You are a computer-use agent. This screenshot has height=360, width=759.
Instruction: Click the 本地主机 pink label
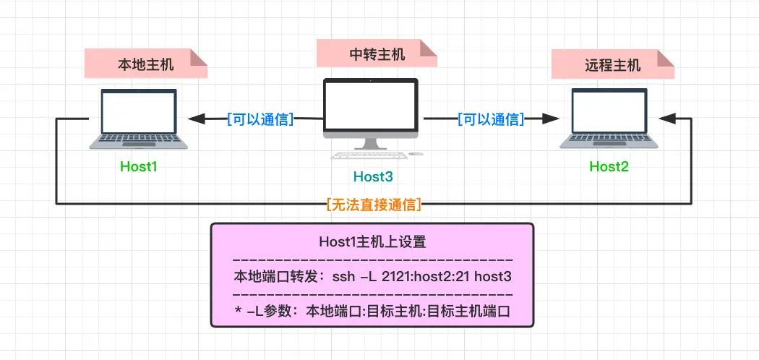point(145,64)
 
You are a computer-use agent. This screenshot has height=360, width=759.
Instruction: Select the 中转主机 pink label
point(377,54)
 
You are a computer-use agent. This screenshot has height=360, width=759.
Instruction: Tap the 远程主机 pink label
point(612,65)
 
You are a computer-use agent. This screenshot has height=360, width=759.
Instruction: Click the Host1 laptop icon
point(138,119)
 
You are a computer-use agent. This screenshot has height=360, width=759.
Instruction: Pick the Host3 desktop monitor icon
point(370,109)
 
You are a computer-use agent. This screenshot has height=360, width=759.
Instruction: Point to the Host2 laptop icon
point(609,119)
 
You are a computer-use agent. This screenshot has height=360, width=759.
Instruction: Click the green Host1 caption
point(138,167)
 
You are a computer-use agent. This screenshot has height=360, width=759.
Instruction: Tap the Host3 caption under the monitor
point(373,176)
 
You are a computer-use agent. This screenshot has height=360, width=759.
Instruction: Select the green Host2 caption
point(609,167)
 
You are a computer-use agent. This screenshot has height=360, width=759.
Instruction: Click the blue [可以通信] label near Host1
point(260,119)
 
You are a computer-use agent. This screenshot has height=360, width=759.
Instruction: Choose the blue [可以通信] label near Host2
point(491,119)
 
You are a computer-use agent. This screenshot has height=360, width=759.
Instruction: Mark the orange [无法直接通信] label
point(374,205)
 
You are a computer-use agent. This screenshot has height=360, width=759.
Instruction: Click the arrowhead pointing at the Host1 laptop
point(197,119)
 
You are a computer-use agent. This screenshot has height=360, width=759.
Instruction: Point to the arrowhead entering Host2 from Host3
point(552,119)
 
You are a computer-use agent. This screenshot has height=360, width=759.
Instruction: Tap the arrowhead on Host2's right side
point(667,119)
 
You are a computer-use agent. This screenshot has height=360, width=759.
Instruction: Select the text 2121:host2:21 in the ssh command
point(443,277)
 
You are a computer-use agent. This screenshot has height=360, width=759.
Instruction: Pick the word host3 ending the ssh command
point(499,277)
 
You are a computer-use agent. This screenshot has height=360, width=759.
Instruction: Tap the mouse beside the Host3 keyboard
point(416,153)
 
